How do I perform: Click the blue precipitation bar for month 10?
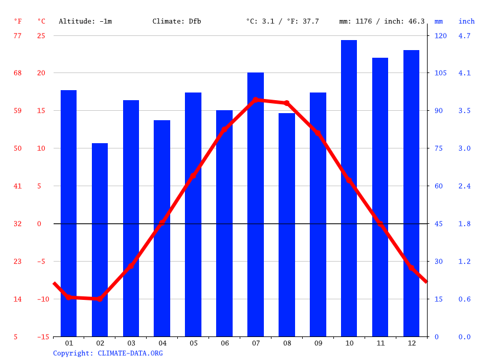tap(349, 189)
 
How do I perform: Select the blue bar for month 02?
tap(100, 240)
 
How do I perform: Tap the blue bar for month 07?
tap(255, 204)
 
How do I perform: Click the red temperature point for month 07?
tap(255, 100)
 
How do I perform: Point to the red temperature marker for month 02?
tap(100, 299)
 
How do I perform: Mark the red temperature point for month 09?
tap(317, 133)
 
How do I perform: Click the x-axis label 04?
tap(162, 343)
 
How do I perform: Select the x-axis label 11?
tap(380, 343)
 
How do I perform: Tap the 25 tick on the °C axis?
tap(41, 35)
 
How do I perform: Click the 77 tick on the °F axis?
tap(18, 35)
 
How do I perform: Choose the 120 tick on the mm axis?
tap(441, 35)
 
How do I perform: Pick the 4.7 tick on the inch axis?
tap(464, 35)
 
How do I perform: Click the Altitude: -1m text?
tap(85, 21)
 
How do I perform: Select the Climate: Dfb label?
tap(177, 21)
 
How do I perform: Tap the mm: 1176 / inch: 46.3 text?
tap(382, 21)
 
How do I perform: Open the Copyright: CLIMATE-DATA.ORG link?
tap(108, 353)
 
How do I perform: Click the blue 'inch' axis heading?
tap(466, 21)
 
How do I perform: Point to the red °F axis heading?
tap(18, 21)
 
